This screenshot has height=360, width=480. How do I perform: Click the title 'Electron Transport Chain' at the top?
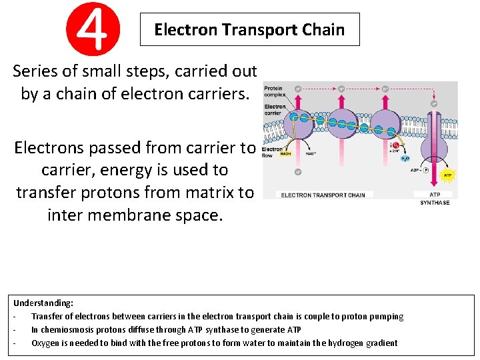[x=249, y=29]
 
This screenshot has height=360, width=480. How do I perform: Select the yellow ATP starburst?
[x=447, y=175]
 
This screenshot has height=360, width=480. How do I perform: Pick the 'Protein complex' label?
[x=274, y=91]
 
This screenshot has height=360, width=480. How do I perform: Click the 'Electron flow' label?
[x=272, y=153]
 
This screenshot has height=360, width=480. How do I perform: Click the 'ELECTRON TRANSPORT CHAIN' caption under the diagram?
[x=323, y=195]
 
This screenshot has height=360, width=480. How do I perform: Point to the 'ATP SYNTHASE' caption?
[x=435, y=199]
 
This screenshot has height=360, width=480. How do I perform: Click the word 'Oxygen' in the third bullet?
[x=46, y=343]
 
